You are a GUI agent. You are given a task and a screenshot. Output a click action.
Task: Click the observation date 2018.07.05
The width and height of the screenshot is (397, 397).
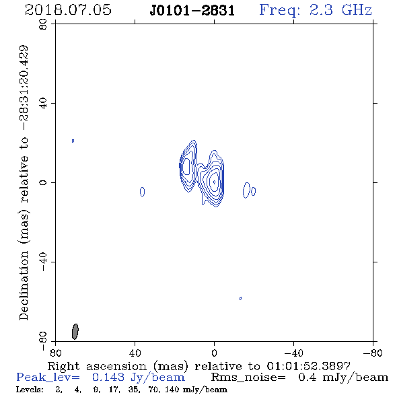point(68,10)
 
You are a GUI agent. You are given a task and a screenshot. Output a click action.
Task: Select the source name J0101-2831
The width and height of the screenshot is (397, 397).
point(192,11)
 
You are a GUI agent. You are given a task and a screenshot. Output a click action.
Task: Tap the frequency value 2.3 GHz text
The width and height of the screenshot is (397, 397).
point(340,10)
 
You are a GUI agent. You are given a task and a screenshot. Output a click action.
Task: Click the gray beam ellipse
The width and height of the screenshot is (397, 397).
point(75,332)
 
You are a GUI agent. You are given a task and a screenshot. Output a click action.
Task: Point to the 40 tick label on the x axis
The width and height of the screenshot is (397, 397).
point(135,353)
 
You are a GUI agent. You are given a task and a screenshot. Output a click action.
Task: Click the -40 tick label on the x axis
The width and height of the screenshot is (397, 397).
point(293,353)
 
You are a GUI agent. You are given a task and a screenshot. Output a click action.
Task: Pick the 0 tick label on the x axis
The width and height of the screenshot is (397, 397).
point(214,353)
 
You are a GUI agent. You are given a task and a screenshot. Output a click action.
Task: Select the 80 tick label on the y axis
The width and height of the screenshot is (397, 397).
point(43,24)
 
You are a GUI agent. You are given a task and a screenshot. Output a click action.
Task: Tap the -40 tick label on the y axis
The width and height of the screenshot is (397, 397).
point(43,262)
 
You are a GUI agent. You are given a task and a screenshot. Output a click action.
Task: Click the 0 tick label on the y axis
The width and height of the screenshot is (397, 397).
point(43,182)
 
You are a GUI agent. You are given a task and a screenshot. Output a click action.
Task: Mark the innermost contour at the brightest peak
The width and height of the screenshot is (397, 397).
point(215,182)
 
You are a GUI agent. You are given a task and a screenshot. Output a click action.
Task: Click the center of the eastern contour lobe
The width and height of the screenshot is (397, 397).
point(186,166)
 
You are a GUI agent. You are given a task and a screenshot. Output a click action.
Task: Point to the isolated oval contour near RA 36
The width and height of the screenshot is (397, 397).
point(142,192)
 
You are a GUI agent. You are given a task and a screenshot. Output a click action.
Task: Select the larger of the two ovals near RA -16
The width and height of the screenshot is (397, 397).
point(246,190)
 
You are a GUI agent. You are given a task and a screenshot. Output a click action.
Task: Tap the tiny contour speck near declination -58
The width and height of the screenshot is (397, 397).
point(240,298)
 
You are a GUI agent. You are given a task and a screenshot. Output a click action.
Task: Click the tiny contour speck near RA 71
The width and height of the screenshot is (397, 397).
point(73,141)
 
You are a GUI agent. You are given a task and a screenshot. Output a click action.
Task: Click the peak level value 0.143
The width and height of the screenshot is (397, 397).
point(108,377)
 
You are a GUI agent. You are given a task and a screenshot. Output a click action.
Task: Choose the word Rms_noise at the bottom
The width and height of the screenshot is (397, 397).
point(248,377)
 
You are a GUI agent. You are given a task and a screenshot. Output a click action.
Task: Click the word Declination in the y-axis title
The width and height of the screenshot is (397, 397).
point(24,285)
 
